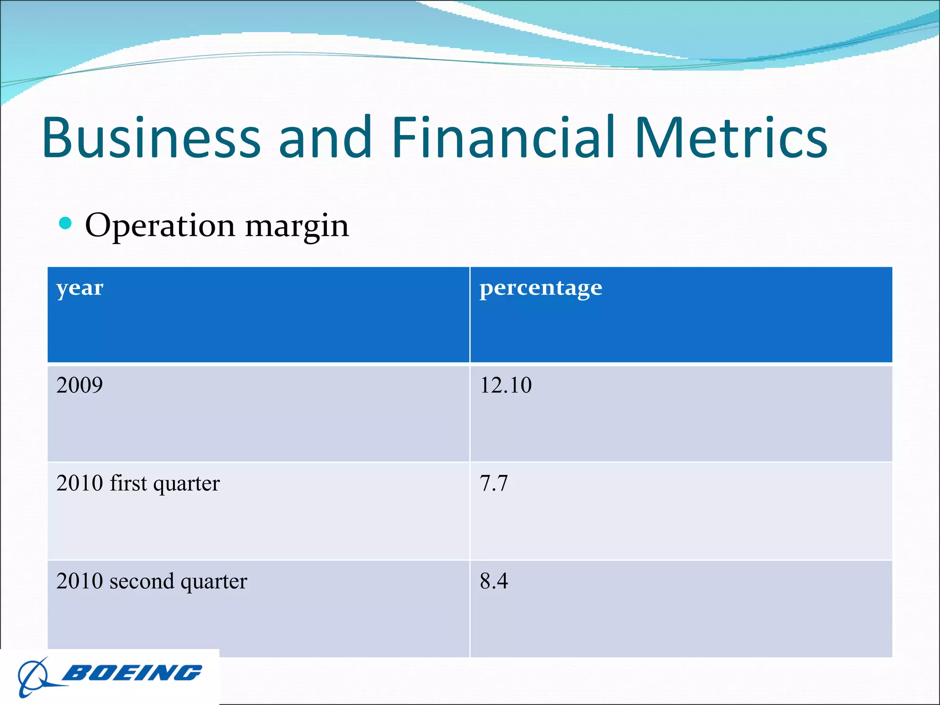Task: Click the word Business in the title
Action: (x=151, y=138)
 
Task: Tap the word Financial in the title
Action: (x=503, y=138)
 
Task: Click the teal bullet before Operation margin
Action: (x=66, y=224)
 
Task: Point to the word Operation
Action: (x=160, y=226)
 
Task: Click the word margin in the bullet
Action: (x=297, y=227)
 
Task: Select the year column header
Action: (x=80, y=289)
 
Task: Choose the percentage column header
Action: (x=541, y=289)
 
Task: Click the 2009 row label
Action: (x=79, y=385)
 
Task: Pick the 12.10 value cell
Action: (x=505, y=385)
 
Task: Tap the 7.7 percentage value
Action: (x=493, y=483)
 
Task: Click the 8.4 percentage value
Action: (x=494, y=581)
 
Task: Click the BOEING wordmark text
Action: (x=132, y=673)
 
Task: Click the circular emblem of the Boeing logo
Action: (x=33, y=677)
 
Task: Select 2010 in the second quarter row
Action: (x=79, y=581)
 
